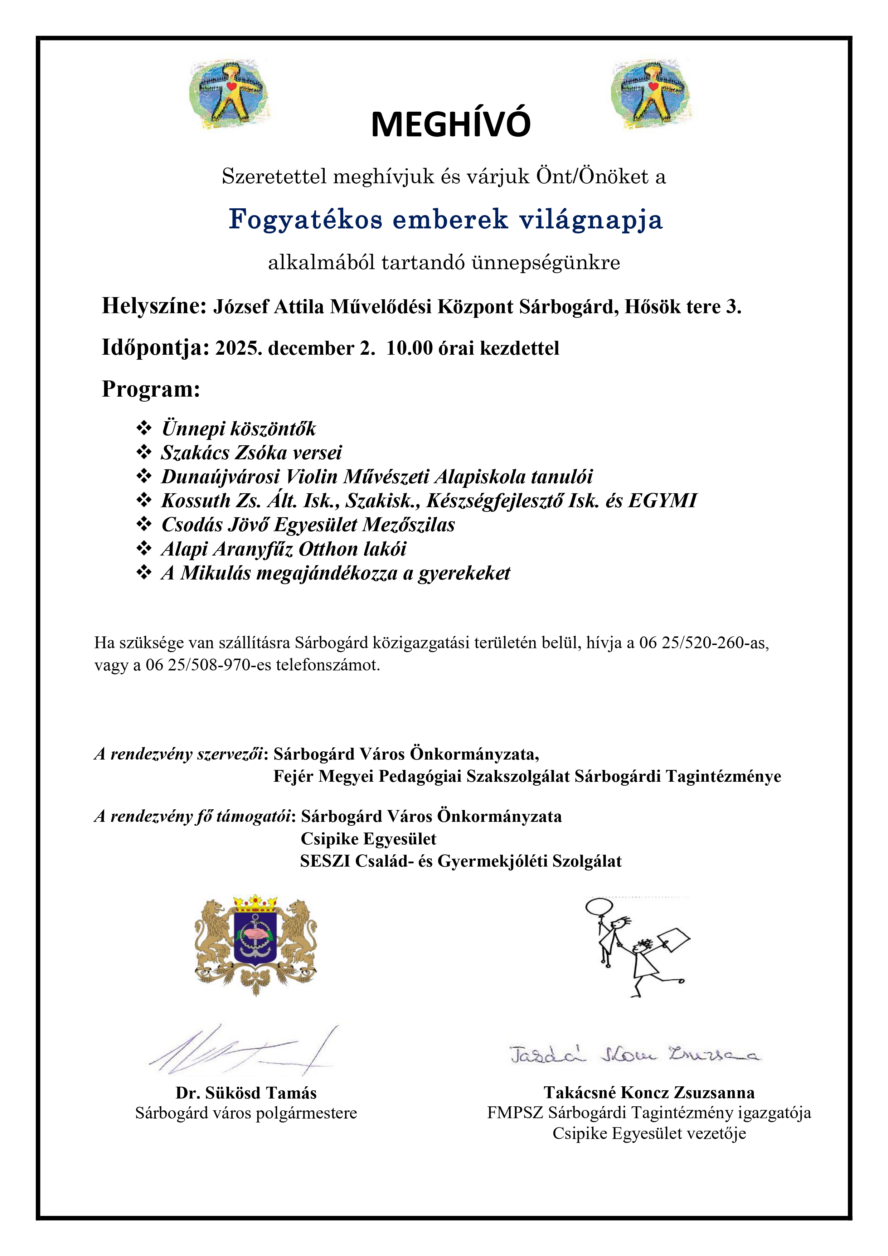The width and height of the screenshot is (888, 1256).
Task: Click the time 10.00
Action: pyautogui.click(x=409, y=349)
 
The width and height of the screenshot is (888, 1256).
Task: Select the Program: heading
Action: pyautogui.click(x=151, y=389)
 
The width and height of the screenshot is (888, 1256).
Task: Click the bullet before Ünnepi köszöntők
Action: pyautogui.click(x=144, y=427)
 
